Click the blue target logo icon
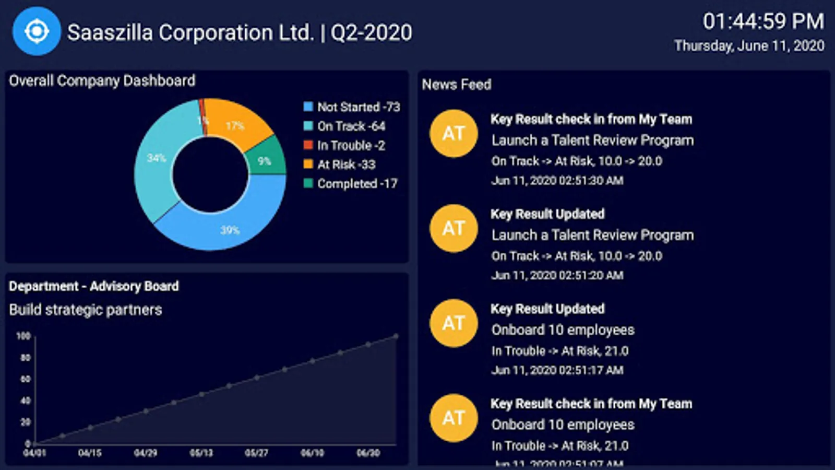pos(37,31)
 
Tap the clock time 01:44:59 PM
pos(763,21)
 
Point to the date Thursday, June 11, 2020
pos(749,46)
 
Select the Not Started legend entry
pos(352,107)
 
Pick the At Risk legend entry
pos(340,164)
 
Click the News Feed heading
pos(457,85)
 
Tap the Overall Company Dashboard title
pos(102,81)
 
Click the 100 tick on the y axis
pos(23,336)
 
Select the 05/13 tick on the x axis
pos(201,453)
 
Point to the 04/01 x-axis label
pos(34,453)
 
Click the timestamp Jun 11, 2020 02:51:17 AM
pos(557,370)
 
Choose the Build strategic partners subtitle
pos(86,310)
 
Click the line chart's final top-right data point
pos(396,336)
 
